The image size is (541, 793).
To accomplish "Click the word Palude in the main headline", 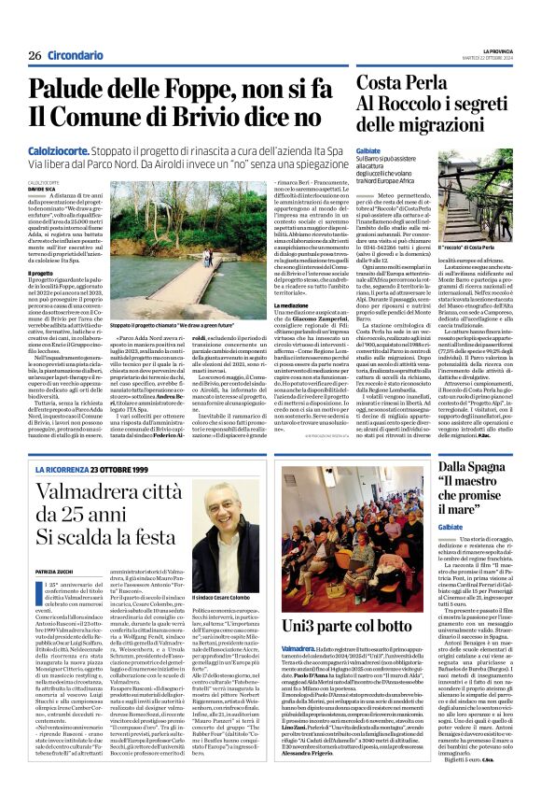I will coord(71,90).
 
